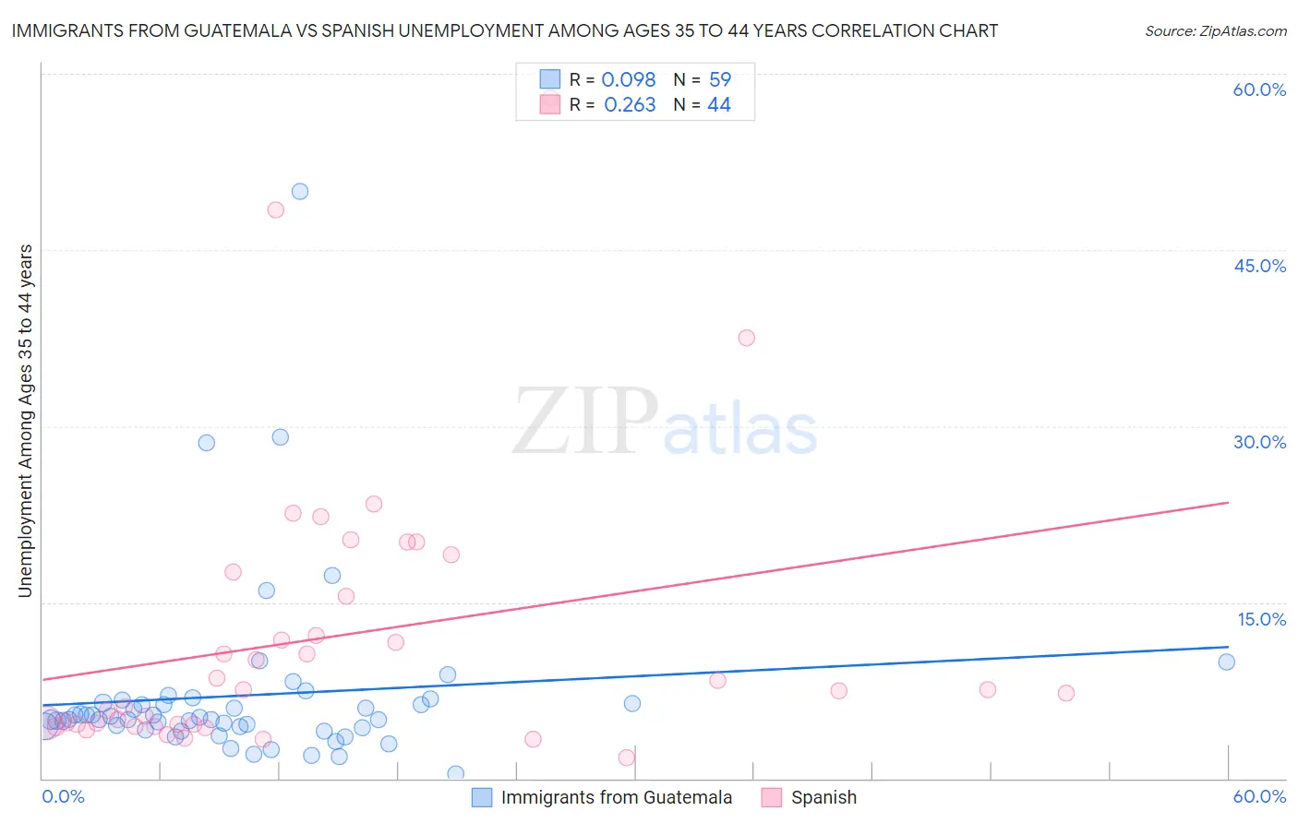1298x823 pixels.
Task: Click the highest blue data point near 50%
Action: [300, 192]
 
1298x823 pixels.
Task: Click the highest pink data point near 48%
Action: [275, 209]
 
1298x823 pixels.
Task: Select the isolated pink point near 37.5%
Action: [747, 338]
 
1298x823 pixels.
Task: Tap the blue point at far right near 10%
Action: [1226, 662]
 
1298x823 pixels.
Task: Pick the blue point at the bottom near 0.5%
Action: [455, 773]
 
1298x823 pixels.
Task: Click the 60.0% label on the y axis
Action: [1259, 89]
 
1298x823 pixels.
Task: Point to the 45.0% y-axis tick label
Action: [1259, 266]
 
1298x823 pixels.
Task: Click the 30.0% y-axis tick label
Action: [1259, 442]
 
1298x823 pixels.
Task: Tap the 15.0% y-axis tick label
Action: [1261, 619]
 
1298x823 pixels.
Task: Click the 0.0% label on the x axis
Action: [63, 796]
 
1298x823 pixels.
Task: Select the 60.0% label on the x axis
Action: [1259, 796]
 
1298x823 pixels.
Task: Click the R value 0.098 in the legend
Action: [628, 79]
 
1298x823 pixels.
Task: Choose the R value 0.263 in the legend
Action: [630, 105]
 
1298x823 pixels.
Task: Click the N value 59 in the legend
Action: [720, 79]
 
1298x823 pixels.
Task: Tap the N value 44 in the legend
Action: [719, 105]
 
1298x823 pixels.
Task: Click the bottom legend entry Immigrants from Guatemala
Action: [616, 797]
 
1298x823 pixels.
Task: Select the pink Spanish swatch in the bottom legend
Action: [772, 797]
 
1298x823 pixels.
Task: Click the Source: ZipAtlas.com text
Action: [1215, 30]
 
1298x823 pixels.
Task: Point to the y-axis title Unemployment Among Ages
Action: [25, 421]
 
